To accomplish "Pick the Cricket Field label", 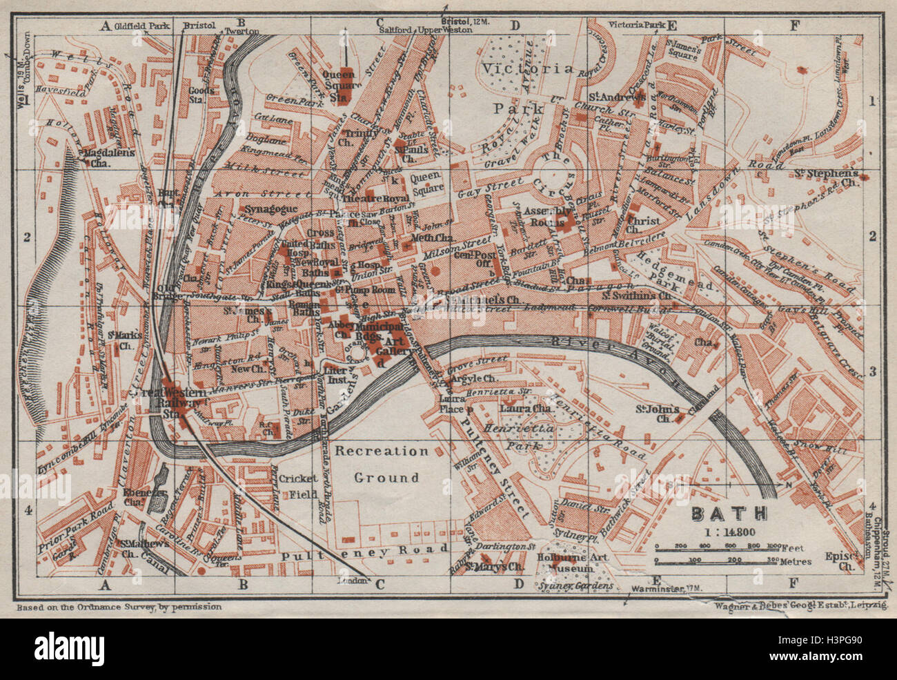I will (298, 486).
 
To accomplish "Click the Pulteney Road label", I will (355, 552).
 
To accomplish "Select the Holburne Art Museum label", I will (567, 563).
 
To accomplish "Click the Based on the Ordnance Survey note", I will (118, 607).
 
